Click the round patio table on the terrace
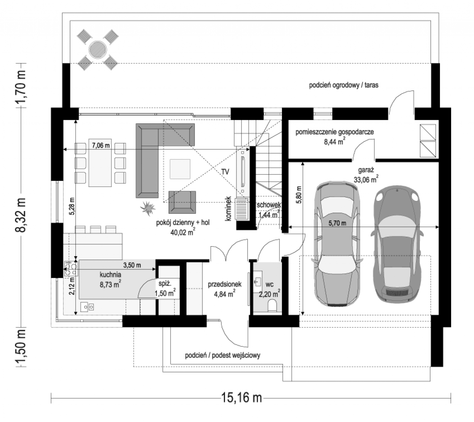tap(98, 50)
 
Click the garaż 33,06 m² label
tap(366, 175)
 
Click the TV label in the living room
tap(225, 172)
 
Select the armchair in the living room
tap(182, 202)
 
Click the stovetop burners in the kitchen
tap(71, 269)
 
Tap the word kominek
tap(228, 208)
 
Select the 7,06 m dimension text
tap(101, 145)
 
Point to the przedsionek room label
tap(225, 284)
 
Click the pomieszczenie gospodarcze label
tap(334, 132)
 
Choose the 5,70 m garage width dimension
tap(337, 223)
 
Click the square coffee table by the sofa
tap(180, 169)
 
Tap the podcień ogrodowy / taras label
tap(344, 85)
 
